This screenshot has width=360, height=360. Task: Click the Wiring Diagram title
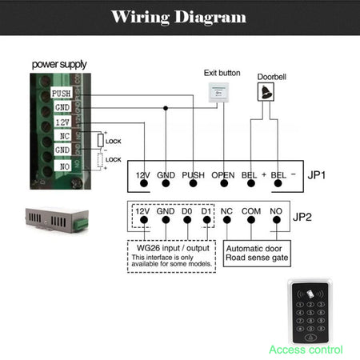click(x=179, y=18)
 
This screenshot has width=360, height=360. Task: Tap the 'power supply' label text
click(x=59, y=64)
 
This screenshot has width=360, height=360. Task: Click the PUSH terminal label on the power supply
click(x=61, y=94)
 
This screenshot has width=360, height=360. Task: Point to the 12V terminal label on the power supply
click(x=62, y=122)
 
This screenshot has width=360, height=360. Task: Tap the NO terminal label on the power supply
click(x=62, y=165)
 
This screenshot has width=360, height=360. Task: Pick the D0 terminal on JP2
click(x=186, y=214)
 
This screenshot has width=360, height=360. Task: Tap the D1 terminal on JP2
click(x=207, y=214)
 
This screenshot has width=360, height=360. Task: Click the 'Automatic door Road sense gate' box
click(x=258, y=253)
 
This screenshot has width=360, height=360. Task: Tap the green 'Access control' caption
click(x=306, y=350)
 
